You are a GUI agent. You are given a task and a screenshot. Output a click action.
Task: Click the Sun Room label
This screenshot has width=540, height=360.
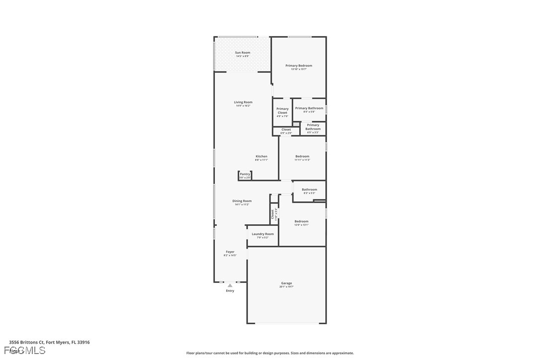point(243,52)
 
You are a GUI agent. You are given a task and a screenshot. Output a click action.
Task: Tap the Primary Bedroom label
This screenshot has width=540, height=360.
point(299,66)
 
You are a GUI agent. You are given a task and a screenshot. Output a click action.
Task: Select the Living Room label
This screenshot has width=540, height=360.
point(243,102)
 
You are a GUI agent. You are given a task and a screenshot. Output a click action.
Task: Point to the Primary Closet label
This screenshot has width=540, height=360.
point(282,110)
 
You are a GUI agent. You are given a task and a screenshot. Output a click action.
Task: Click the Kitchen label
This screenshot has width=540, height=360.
point(262,156)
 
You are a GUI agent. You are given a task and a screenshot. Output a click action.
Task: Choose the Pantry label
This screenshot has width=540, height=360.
point(245,174)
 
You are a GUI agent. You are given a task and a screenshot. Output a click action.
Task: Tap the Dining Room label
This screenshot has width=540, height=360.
point(242,201)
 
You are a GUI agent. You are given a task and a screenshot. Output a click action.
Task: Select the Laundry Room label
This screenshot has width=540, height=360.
point(263,234)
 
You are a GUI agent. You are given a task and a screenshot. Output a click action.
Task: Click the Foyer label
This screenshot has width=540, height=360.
point(230,252)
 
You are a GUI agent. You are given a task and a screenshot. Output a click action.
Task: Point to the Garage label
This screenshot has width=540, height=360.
point(286,283)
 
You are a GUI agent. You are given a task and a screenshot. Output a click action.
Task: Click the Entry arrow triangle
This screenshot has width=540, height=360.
point(230,285)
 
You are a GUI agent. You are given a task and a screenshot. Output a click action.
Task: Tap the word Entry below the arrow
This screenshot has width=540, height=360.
point(230,291)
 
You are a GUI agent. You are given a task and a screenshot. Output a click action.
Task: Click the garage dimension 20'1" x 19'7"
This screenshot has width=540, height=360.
point(286,287)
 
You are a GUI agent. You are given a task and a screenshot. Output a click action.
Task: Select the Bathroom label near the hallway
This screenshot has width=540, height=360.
point(309,189)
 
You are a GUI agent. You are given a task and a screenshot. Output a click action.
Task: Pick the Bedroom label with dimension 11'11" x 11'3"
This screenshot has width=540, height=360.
point(302,156)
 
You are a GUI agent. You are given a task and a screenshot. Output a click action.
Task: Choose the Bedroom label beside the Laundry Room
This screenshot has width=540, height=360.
point(301,221)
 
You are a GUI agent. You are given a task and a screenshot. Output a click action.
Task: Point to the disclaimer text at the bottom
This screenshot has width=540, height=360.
point(270,353)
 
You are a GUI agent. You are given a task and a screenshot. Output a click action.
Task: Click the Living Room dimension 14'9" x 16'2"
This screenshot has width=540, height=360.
point(243,106)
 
